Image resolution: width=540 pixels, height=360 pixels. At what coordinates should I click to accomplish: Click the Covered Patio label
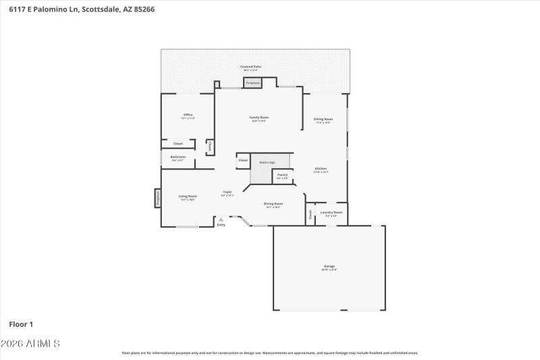[251, 68]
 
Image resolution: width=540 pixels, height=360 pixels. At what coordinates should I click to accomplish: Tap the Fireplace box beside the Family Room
[253, 83]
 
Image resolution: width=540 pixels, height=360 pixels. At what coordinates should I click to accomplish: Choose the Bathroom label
[178, 158]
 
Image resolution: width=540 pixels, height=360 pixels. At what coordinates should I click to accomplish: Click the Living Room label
[187, 197]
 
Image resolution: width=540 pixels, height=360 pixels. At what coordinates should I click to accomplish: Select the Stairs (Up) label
[267, 163]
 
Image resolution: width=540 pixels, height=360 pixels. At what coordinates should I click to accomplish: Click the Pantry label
[282, 176]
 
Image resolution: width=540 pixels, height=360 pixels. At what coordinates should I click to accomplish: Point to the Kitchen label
[320, 170]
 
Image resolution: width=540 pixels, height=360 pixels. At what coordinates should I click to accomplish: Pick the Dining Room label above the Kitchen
[323, 120]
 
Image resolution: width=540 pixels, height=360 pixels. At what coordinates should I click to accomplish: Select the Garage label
[329, 267]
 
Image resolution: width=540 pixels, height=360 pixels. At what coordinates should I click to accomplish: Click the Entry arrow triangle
[221, 220]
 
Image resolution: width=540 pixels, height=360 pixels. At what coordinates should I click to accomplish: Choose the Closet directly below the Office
[178, 144]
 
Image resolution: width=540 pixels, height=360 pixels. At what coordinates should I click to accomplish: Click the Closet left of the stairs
[243, 161]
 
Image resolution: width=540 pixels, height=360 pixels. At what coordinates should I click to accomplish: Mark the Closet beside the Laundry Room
[310, 215]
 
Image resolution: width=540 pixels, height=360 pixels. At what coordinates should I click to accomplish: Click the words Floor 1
[21, 324]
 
